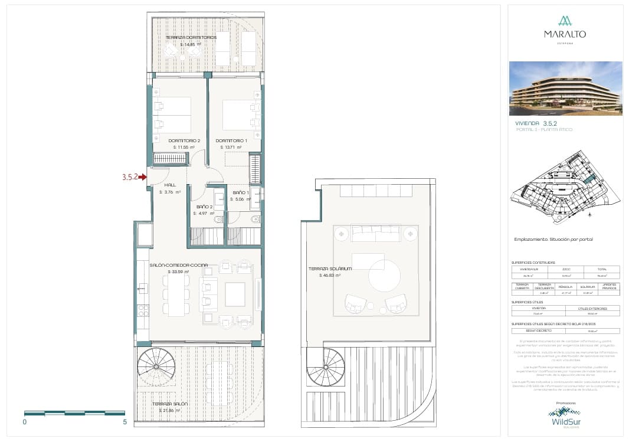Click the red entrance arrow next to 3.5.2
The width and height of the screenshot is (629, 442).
(143, 176)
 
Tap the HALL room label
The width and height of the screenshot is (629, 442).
(170, 185)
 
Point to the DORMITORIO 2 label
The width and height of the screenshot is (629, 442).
(184, 140)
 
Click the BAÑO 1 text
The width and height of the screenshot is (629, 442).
(241, 193)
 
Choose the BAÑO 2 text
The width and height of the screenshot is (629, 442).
(204, 207)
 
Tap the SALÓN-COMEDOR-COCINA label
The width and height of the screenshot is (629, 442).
(178, 265)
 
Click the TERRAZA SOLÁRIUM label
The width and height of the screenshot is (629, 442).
(330, 269)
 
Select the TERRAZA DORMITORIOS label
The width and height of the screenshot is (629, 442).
(191, 37)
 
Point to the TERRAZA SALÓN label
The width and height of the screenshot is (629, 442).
(170, 404)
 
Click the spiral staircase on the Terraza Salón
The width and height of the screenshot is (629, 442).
(156, 366)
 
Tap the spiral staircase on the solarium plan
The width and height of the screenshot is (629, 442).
(325, 366)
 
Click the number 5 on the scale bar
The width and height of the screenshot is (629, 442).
(125, 423)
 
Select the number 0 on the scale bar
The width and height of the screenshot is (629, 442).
(25, 423)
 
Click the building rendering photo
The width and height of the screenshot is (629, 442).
(565, 89)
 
